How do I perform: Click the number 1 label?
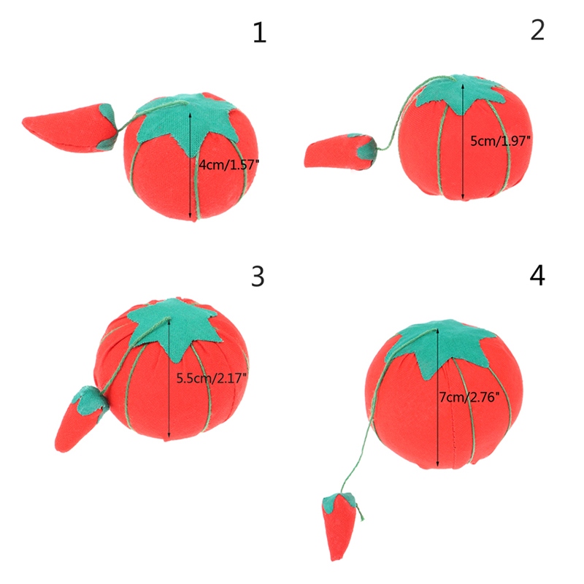(260, 32)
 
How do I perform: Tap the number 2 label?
(537, 30)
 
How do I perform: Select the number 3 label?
(258, 276)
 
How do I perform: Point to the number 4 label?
(537, 275)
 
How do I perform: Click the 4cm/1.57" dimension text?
(228, 164)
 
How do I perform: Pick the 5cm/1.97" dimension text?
(500, 141)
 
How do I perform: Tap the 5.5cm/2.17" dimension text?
(211, 378)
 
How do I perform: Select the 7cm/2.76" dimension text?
(469, 397)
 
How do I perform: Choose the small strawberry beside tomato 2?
(340, 151)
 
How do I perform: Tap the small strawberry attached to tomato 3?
(82, 418)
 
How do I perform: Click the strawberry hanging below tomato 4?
(339, 526)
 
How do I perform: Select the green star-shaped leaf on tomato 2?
(461, 93)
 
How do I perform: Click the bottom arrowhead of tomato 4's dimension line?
(437, 464)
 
